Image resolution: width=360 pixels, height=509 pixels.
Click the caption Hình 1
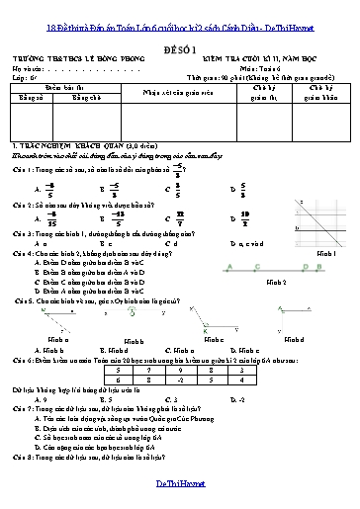[325, 225]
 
